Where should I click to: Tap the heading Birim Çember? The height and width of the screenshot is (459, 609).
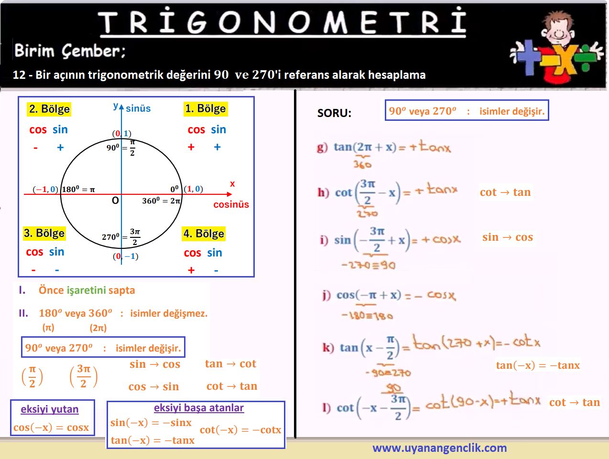[70, 51]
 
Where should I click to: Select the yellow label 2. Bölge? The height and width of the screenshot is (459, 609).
[49, 109]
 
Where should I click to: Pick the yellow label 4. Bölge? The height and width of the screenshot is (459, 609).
[204, 234]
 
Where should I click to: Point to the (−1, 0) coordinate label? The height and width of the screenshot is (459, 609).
[45, 189]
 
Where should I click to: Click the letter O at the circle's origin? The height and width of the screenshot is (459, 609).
[115, 201]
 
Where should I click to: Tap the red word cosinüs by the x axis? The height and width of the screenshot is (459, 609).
[231, 204]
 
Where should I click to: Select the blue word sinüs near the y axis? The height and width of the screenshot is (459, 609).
[138, 108]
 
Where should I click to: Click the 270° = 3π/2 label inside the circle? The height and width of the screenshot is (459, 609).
[121, 237]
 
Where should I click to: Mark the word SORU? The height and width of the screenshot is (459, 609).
[334, 113]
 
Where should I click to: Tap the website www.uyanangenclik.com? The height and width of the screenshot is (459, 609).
[440, 448]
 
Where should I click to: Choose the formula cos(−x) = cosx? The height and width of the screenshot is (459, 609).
[51, 427]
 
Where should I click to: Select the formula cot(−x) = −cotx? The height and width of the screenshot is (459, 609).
[240, 429]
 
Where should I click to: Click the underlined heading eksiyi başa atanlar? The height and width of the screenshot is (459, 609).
[199, 408]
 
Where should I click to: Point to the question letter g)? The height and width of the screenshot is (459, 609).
[322, 147]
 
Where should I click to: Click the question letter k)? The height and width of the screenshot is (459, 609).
[328, 347]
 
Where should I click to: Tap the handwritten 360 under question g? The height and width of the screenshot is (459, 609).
[362, 165]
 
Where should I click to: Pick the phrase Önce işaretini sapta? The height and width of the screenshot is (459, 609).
[87, 290]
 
